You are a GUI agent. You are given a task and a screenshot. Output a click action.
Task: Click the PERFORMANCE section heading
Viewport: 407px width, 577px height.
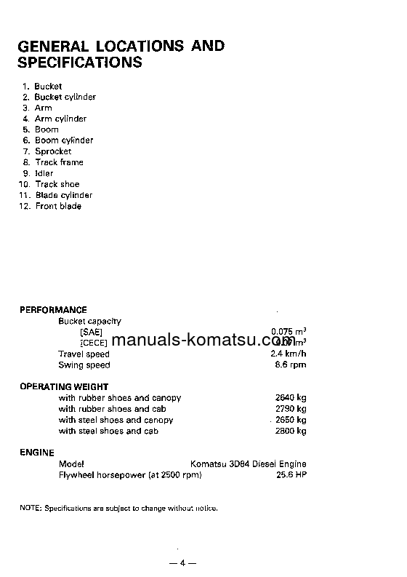tap(53, 310)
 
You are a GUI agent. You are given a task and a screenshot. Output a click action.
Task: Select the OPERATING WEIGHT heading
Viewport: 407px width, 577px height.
tap(64, 387)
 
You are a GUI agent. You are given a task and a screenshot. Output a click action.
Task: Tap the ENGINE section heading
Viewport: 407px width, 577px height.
tap(37, 453)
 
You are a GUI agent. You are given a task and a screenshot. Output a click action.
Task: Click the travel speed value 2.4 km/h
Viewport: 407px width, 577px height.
tap(288, 354)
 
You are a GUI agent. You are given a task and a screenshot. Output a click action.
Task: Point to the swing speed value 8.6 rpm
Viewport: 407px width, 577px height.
tap(291, 365)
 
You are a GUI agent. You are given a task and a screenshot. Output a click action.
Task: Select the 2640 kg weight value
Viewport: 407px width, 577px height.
tap(291, 398)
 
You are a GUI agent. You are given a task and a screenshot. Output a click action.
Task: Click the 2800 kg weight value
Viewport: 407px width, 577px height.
tap(291, 431)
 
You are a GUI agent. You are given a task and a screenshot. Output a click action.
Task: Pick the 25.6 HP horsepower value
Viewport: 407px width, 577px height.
tap(291, 474)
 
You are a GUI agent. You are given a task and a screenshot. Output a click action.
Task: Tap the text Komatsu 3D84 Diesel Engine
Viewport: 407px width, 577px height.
tap(248, 463)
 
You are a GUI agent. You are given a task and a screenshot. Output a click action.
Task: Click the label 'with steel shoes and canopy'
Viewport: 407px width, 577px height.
tap(116, 420)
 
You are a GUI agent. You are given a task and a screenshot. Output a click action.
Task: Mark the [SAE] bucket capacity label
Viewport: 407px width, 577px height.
tap(92, 332)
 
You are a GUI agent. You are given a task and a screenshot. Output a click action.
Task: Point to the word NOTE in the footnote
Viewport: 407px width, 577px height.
tap(31, 507)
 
